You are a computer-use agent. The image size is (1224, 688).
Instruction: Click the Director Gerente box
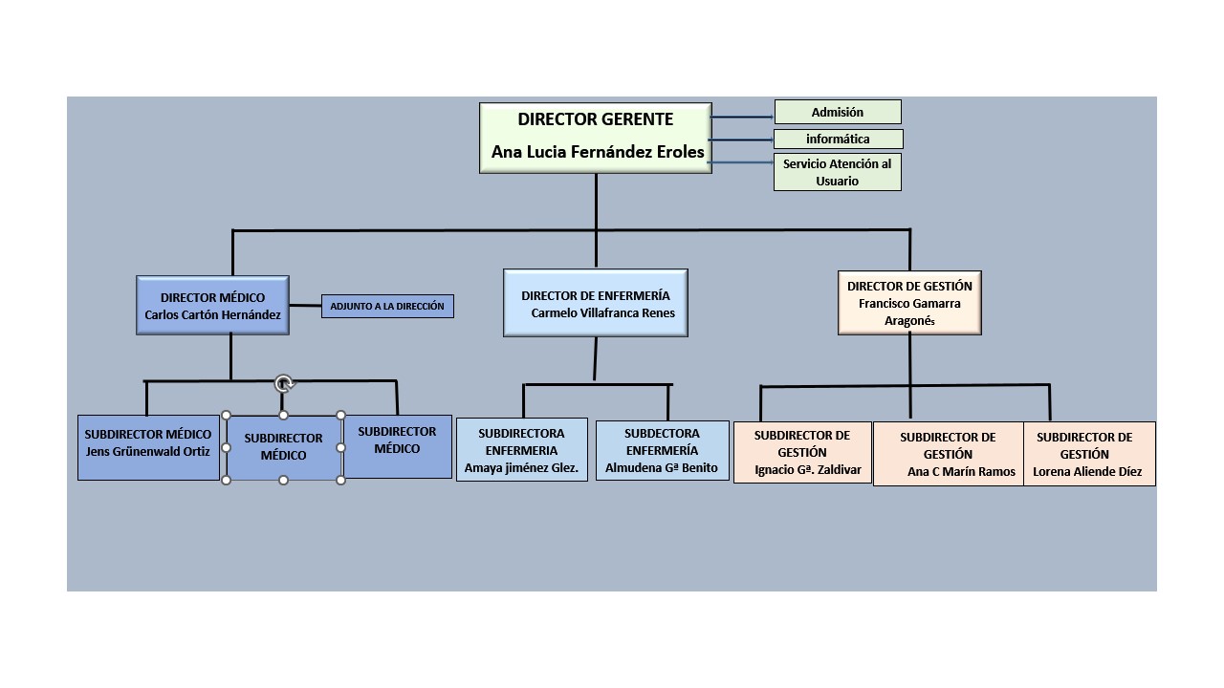(595, 138)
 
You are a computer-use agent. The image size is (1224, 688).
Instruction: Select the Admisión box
(837, 112)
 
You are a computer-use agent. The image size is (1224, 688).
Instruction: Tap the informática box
(838, 140)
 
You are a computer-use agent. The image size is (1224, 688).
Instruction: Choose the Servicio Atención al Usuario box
(837, 172)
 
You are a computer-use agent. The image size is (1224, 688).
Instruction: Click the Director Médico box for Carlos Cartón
(212, 306)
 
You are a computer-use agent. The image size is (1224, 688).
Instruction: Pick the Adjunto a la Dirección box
(387, 306)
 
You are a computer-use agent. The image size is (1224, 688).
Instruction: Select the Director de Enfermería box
(595, 303)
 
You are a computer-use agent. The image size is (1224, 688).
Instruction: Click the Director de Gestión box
(909, 303)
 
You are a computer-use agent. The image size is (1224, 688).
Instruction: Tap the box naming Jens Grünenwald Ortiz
(148, 447)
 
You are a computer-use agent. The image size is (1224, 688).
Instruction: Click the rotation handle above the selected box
(283, 384)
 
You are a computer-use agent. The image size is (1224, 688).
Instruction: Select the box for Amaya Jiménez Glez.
(521, 449)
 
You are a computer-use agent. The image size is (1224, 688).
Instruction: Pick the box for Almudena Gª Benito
(662, 450)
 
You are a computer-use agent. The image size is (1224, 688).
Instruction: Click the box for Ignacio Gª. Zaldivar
(801, 452)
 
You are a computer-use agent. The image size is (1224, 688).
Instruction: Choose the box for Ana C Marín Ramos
(948, 454)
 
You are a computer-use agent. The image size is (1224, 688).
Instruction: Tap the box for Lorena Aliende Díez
(1088, 454)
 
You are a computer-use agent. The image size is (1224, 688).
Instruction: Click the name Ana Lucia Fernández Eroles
(598, 152)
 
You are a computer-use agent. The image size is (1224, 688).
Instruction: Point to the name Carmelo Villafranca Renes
(602, 312)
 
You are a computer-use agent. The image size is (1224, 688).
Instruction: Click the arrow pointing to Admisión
(742, 117)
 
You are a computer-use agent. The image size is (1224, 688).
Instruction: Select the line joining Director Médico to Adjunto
(305, 306)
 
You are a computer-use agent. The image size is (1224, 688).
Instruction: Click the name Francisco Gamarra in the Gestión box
(909, 303)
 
